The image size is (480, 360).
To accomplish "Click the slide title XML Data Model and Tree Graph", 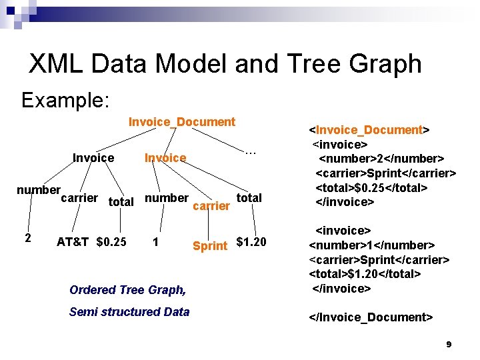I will coord(225,64).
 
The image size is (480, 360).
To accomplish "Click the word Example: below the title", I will coord(65,101).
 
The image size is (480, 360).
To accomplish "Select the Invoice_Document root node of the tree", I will coord(181,122).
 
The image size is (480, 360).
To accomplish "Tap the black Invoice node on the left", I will coord(93,158).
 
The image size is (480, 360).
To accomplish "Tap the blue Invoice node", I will coord(165,158).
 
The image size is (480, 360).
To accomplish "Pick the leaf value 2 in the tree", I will coord(27,238).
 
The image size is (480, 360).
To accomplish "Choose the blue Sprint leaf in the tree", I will coord(209,246).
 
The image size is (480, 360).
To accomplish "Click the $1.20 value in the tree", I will coord(251,241).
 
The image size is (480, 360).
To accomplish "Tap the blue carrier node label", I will coord(211,206).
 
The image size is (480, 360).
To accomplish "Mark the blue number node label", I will coord(166,198).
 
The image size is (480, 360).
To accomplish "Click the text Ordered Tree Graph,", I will coord(127,290).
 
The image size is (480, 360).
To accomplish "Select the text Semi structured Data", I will coord(129,311).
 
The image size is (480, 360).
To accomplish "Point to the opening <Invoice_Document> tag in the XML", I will coord(369,130).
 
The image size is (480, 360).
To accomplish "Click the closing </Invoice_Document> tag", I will coord(371,317).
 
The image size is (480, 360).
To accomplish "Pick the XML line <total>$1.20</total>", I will coord(365,274).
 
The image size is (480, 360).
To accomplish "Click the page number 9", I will coord(449,345).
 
